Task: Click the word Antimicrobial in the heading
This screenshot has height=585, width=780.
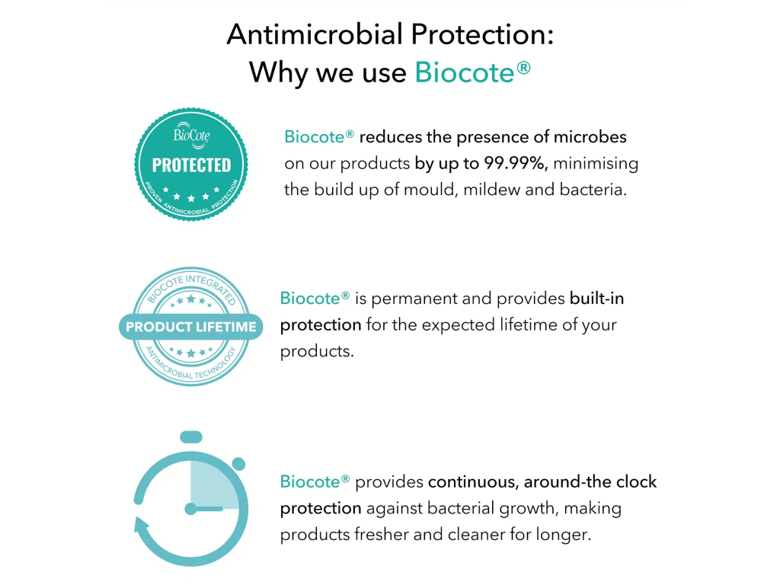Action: coord(315,34)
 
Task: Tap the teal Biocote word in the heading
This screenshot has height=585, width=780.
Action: coord(465,72)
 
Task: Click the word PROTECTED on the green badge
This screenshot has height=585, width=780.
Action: coord(191,165)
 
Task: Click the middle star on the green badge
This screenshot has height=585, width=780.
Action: coord(191,199)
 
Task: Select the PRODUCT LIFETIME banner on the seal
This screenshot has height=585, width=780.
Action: coord(191,327)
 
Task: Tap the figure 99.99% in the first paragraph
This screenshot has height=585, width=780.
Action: coord(516,163)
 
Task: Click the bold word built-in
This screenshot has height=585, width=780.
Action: coord(596,299)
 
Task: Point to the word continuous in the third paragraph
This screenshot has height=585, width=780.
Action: coord(473,482)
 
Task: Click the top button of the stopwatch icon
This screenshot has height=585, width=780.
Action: coord(191,437)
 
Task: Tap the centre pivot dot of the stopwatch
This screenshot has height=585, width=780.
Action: coord(190,509)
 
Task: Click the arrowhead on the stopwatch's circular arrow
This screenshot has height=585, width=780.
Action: coord(141,526)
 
